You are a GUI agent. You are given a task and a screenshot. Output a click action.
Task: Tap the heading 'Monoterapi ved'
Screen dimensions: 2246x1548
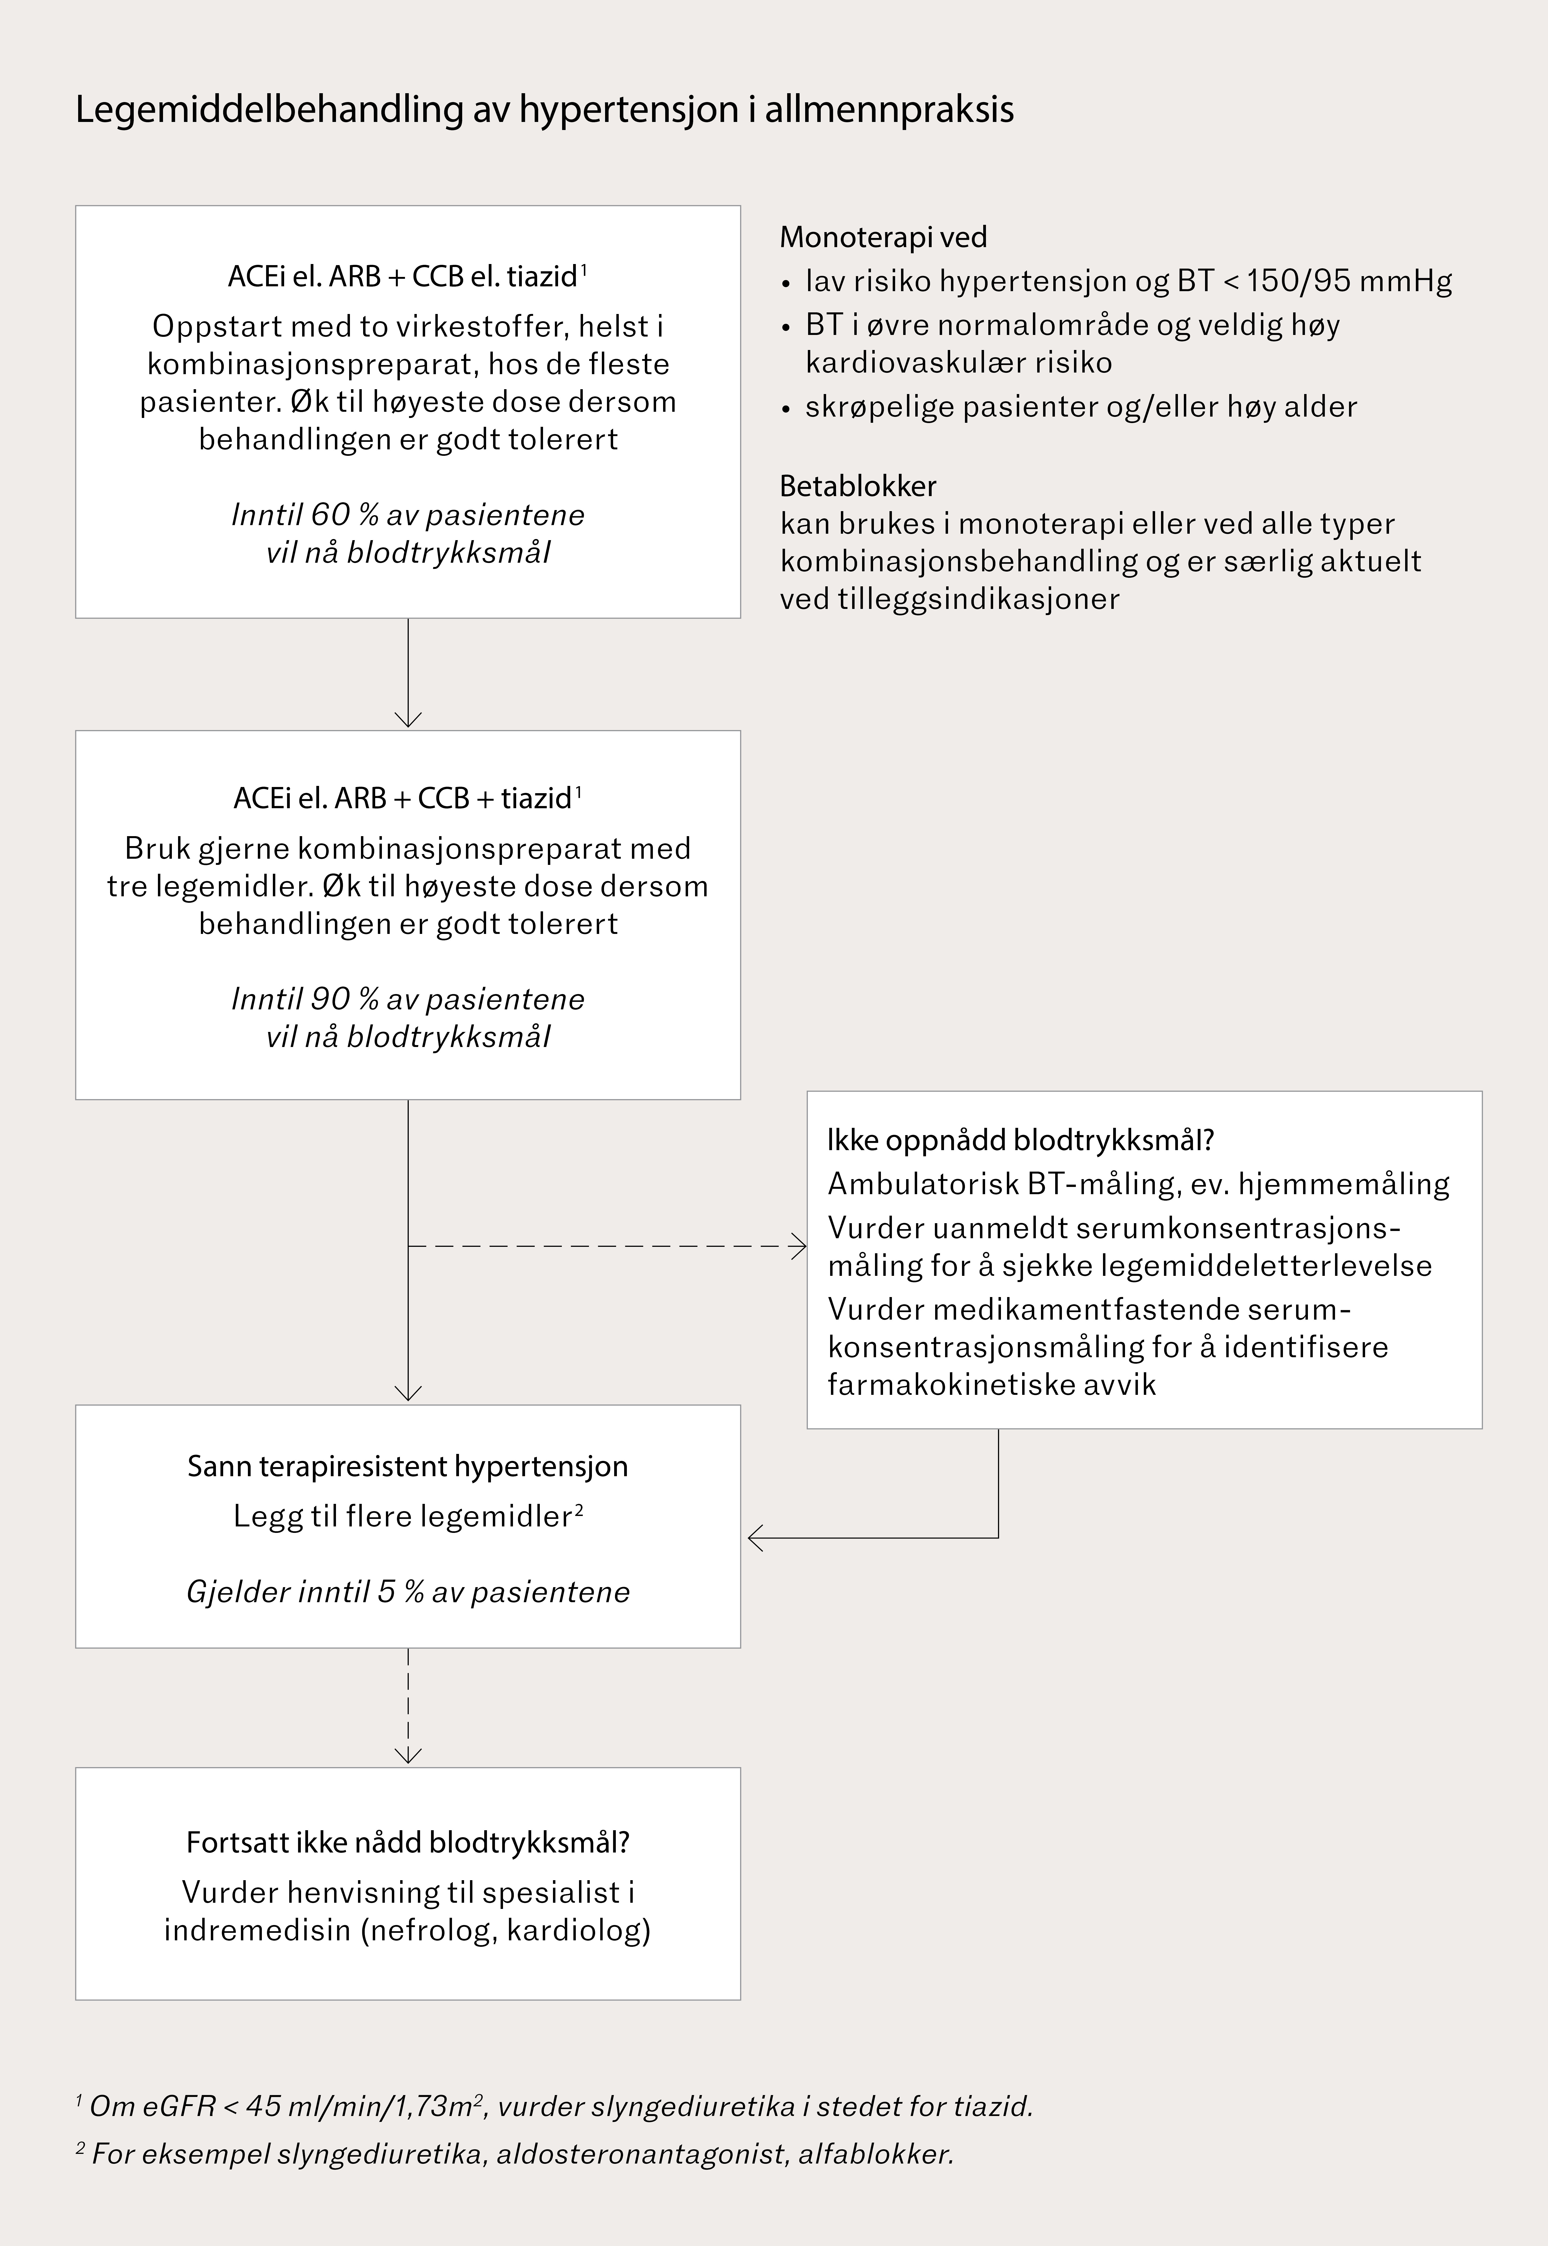click(x=882, y=237)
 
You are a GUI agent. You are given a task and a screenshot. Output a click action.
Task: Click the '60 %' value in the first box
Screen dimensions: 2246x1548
click(x=332, y=515)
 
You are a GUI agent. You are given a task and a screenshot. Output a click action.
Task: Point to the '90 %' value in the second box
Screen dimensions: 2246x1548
click(x=332, y=999)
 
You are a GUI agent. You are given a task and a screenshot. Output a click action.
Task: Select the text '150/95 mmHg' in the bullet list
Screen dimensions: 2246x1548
click(x=1349, y=281)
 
